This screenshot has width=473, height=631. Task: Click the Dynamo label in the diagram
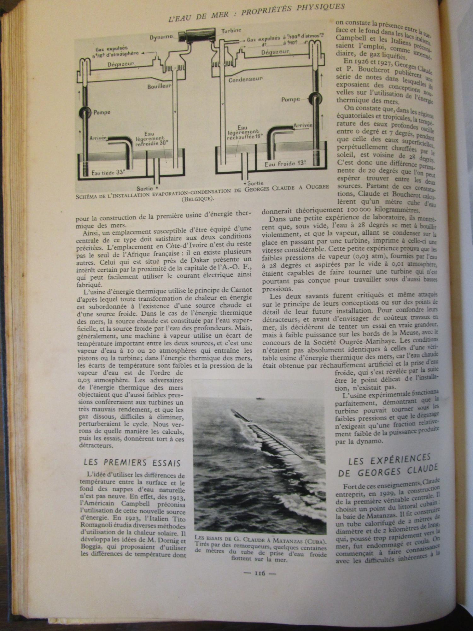coord(161,37)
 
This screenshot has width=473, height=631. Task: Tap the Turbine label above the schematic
coord(231,31)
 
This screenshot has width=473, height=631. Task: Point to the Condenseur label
coord(245,79)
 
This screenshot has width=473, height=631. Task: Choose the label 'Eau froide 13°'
coord(285,164)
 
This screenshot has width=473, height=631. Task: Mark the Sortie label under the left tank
coord(145,188)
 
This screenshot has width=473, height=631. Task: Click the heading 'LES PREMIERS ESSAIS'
coord(132,463)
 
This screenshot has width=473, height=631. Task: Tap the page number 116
coord(260,573)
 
